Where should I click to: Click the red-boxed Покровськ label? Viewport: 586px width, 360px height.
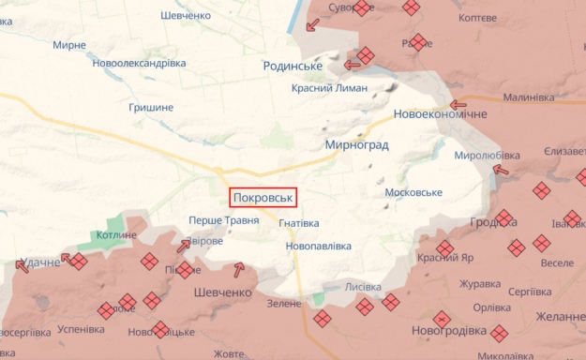[x=263, y=198]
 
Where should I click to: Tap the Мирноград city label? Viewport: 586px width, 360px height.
[x=356, y=145]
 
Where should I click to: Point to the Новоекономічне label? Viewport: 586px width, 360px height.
[x=441, y=113]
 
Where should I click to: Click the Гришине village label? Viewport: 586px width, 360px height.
[x=151, y=107]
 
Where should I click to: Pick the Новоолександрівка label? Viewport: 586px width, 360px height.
[x=139, y=63]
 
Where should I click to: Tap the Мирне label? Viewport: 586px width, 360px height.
[x=69, y=45]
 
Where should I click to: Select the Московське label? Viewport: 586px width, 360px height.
[x=413, y=192]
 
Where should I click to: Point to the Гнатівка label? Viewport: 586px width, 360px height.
[x=298, y=223]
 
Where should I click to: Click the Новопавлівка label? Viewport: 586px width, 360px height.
[x=319, y=246]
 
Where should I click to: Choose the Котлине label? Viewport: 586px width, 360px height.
[x=116, y=235]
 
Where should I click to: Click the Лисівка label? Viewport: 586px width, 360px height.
[x=363, y=286]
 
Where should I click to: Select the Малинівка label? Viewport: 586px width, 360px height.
[x=528, y=97]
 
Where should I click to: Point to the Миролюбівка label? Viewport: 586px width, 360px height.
[x=487, y=155]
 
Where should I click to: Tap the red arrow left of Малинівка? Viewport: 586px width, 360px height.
[x=458, y=105]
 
